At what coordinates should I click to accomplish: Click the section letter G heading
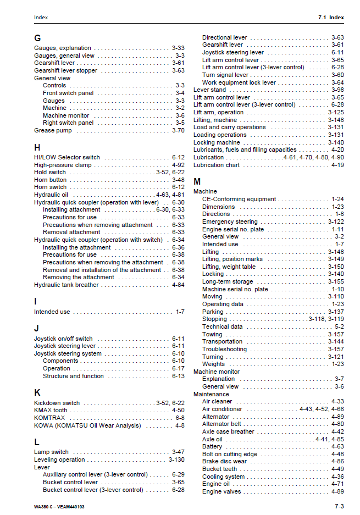point(37,38)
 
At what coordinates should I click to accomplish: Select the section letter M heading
point(197,181)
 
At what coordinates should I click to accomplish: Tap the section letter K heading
point(37,392)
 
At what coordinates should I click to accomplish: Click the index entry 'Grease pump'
point(53,131)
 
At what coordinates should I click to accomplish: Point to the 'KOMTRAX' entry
point(49,418)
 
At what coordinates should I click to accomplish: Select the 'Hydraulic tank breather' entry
point(67,285)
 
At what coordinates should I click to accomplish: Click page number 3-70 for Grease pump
point(178,131)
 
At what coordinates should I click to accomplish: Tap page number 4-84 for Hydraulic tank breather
point(178,285)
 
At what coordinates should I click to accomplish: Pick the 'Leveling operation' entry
point(59,459)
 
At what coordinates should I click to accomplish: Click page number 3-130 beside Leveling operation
point(176,459)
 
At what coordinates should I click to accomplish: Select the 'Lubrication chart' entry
point(217,165)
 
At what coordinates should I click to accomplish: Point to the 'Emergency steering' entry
point(230,221)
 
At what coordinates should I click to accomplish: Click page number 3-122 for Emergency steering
point(336,221)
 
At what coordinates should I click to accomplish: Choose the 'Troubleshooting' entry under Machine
point(224,349)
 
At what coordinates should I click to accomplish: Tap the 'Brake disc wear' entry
point(224,462)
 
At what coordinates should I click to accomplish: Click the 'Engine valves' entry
point(221,491)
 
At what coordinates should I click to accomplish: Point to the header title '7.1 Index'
point(331,18)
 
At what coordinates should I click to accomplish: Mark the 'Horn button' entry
point(51,180)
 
